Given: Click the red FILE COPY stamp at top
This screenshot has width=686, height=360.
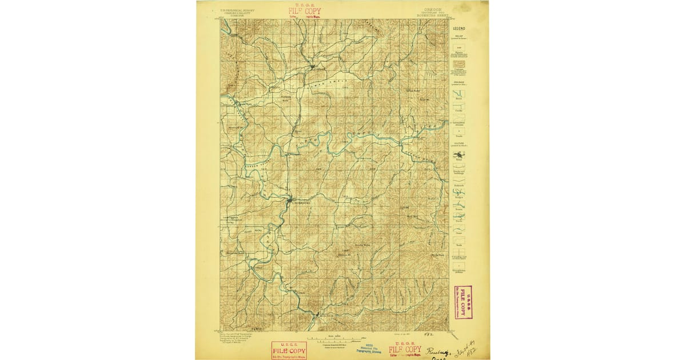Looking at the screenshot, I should coord(305,11).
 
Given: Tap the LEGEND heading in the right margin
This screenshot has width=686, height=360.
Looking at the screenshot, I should coord(459,28).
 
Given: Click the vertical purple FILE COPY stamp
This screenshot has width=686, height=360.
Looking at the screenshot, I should coord(463,302).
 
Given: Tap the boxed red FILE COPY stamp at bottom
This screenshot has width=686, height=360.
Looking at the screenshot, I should coord(289,350).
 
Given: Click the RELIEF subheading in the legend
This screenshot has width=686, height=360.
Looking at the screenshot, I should coord(459,34).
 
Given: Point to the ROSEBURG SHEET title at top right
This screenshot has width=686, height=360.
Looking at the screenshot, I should coord(425,17).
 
